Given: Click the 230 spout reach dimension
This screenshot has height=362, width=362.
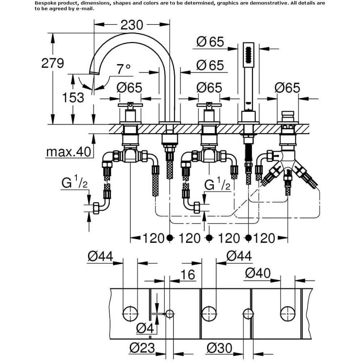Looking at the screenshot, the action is click(x=132, y=25).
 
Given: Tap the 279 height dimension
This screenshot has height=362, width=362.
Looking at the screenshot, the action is click(x=52, y=63).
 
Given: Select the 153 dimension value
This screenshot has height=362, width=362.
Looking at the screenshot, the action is click(x=73, y=97).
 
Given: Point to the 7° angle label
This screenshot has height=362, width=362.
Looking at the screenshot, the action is click(x=123, y=69).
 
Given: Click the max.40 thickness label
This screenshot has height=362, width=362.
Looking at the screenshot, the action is click(x=68, y=152).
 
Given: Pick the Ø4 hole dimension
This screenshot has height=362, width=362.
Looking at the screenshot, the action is click(x=145, y=328).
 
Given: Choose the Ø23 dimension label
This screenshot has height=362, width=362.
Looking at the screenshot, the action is click(x=142, y=348).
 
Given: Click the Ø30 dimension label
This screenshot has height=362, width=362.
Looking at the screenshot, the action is click(x=219, y=348).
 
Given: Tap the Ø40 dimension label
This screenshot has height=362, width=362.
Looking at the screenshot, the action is click(x=258, y=273).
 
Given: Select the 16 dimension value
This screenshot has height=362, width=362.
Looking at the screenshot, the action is click(x=188, y=274).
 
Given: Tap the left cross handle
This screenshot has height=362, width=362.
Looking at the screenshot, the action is click(x=130, y=105).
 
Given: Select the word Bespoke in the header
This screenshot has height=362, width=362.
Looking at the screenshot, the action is click(x=43, y=4).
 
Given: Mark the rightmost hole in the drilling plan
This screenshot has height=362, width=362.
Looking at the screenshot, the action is click(x=288, y=314).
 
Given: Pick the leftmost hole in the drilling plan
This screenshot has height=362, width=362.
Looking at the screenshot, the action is click(x=130, y=314).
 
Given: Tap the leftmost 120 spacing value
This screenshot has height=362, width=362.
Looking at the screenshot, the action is click(x=153, y=238).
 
